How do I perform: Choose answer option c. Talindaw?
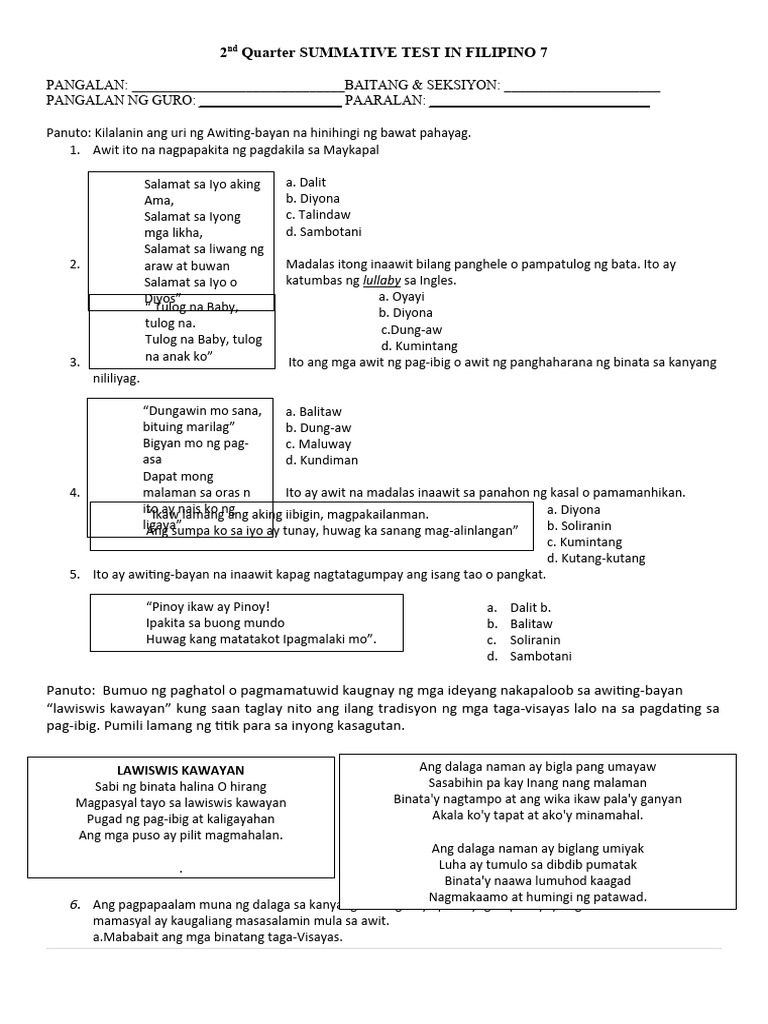click(x=318, y=215)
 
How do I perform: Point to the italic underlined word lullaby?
click(x=381, y=281)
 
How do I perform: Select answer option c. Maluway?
click(x=318, y=444)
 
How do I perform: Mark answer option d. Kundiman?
click(x=321, y=460)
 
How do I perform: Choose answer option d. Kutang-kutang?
click(x=595, y=558)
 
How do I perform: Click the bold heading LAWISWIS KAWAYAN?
click(x=181, y=771)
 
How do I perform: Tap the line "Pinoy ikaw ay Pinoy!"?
click(x=208, y=606)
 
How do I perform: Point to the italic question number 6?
click(x=75, y=904)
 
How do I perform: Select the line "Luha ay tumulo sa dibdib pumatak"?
click(x=538, y=864)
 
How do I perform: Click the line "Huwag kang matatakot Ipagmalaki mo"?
click(x=261, y=639)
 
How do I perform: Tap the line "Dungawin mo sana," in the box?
click(x=203, y=411)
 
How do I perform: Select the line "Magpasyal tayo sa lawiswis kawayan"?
click(x=181, y=803)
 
